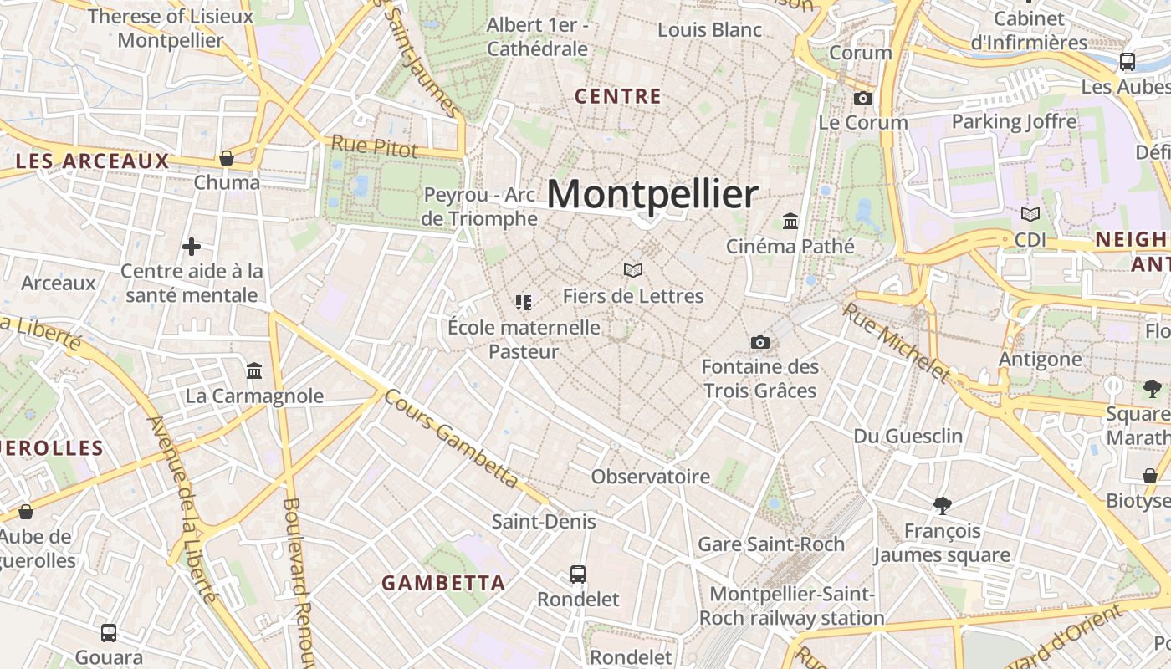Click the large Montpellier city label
pos(652,194)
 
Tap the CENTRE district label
pos(618,96)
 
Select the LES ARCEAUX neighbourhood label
pos(93,161)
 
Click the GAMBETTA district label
pos(443,583)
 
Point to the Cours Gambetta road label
pos(452,437)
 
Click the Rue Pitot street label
pos(374,146)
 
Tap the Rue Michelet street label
pos(897,342)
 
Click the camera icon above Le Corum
pos(862,99)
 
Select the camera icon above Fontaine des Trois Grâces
pos(759,343)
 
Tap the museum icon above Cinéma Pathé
pos(790,222)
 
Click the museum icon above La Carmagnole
pos(254,370)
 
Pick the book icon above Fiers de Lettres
pos(633,271)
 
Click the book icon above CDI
pos(1030,215)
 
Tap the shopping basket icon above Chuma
pos(226,158)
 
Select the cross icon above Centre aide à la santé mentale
pos(192,247)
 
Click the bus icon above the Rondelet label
pos(577,575)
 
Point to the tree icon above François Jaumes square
pos(943,506)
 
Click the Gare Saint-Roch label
pos(771,544)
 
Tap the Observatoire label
pos(651,477)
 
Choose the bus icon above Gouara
pos(109,633)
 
